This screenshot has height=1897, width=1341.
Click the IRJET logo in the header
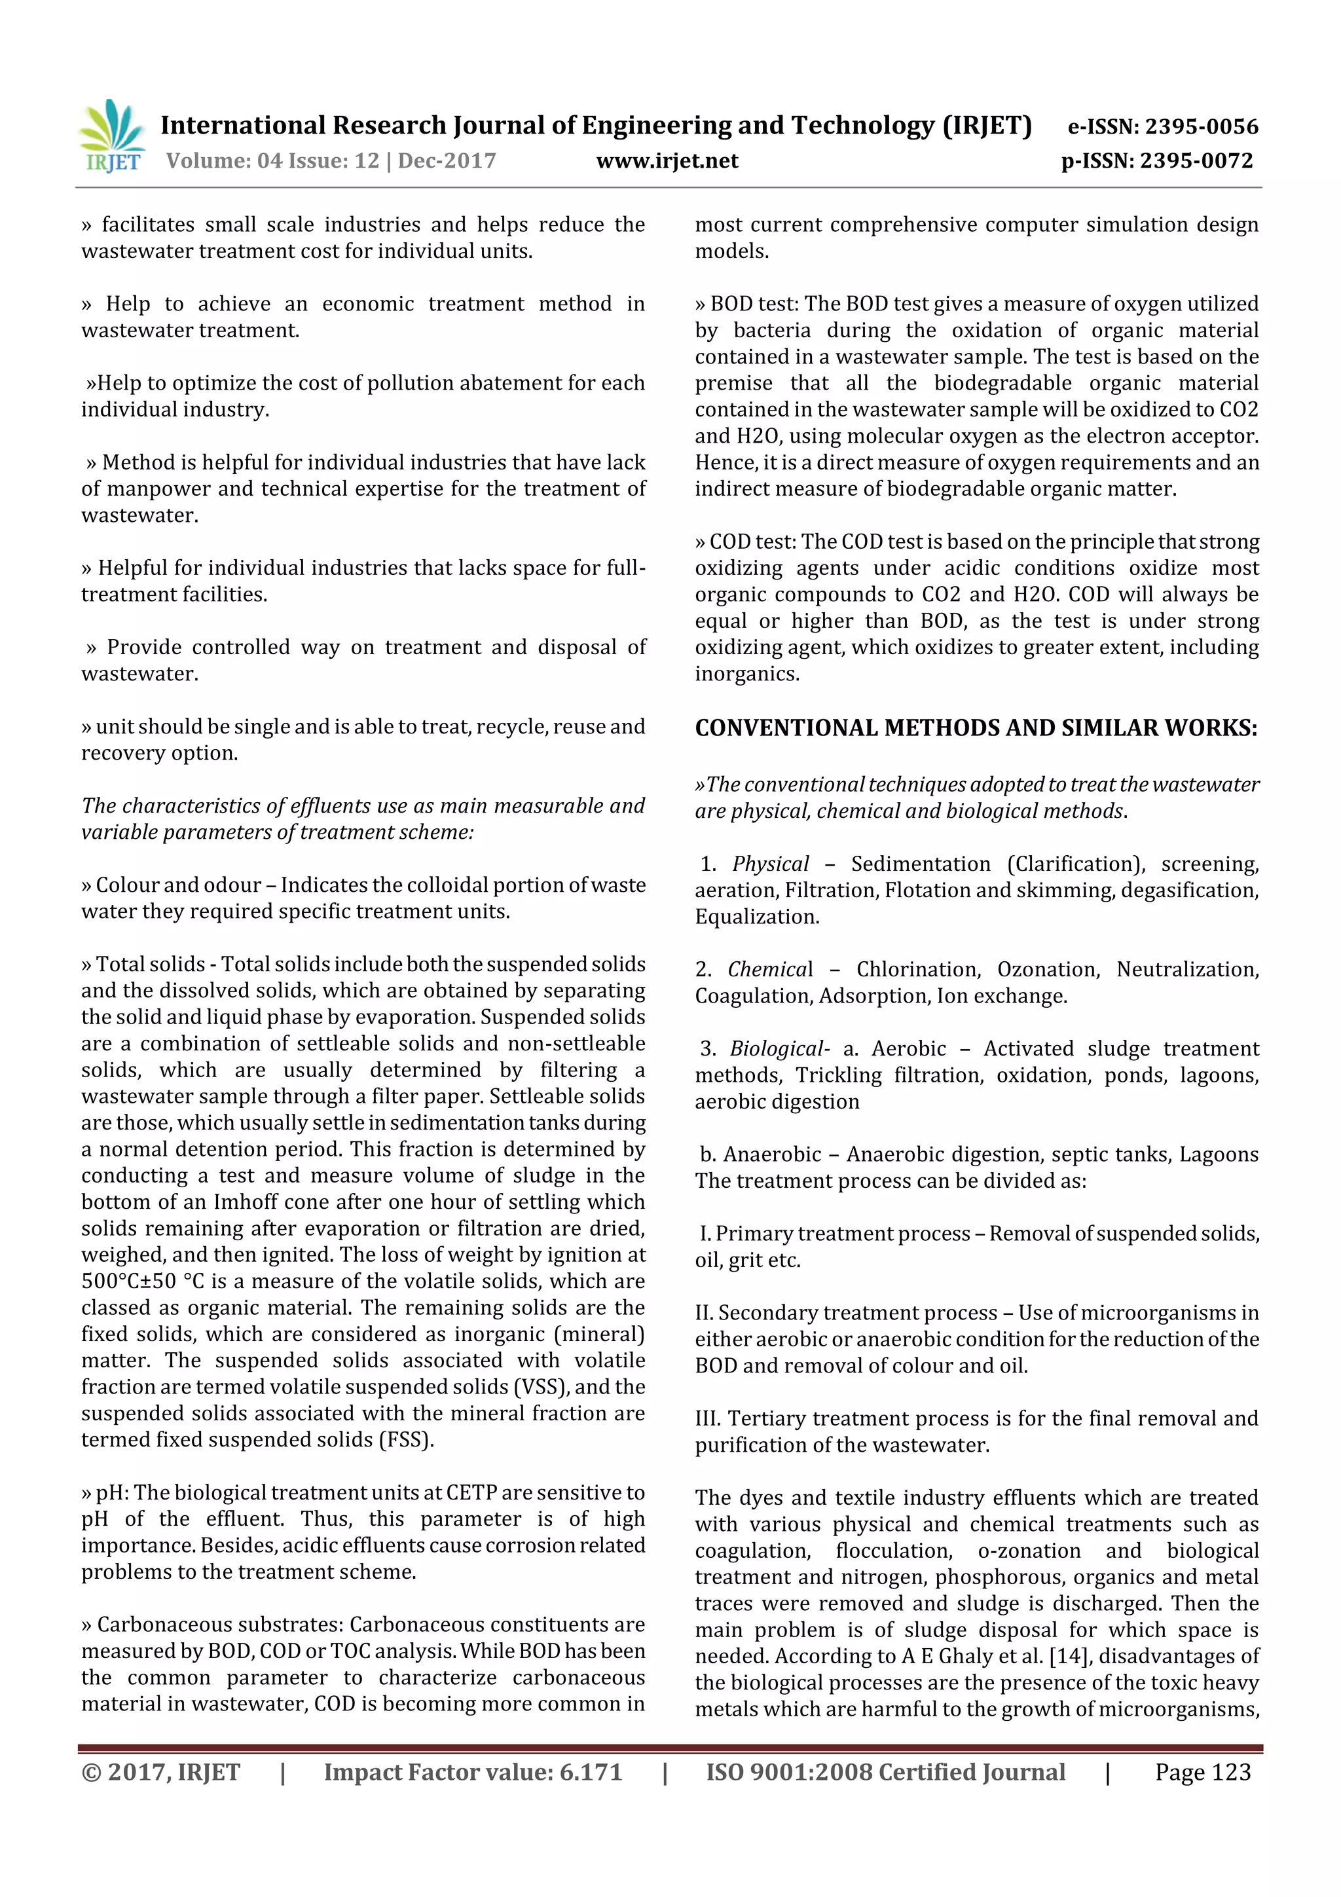click(111, 137)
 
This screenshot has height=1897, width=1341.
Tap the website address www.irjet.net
click(667, 160)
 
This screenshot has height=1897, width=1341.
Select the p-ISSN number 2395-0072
click(1196, 160)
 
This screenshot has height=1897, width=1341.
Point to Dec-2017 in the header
click(447, 160)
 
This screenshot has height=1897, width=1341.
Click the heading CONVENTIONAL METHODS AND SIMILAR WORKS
click(976, 728)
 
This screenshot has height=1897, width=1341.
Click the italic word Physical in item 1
click(770, 864)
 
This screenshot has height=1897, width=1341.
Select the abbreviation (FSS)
click(406, 1439)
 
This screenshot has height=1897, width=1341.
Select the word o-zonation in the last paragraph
click(1029, 1550)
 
